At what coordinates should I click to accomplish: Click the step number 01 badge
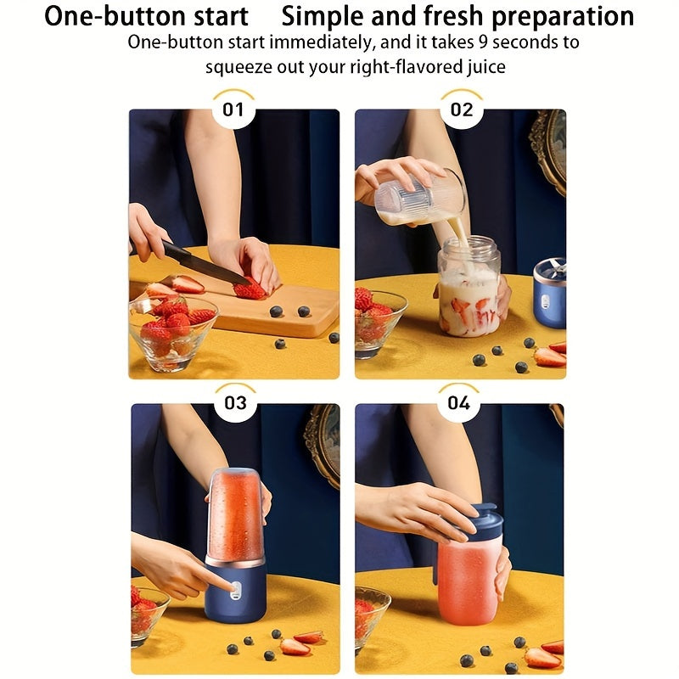coord(233,109)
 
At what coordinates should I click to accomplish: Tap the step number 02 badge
coord(462,109)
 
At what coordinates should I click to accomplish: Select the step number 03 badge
coord(235,403)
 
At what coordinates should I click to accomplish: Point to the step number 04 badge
coord(458,403)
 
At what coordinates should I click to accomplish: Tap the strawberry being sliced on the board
coord(250,290)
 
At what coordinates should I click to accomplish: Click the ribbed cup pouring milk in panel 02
coord(422,198)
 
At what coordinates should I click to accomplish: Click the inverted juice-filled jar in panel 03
coord(234,513)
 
